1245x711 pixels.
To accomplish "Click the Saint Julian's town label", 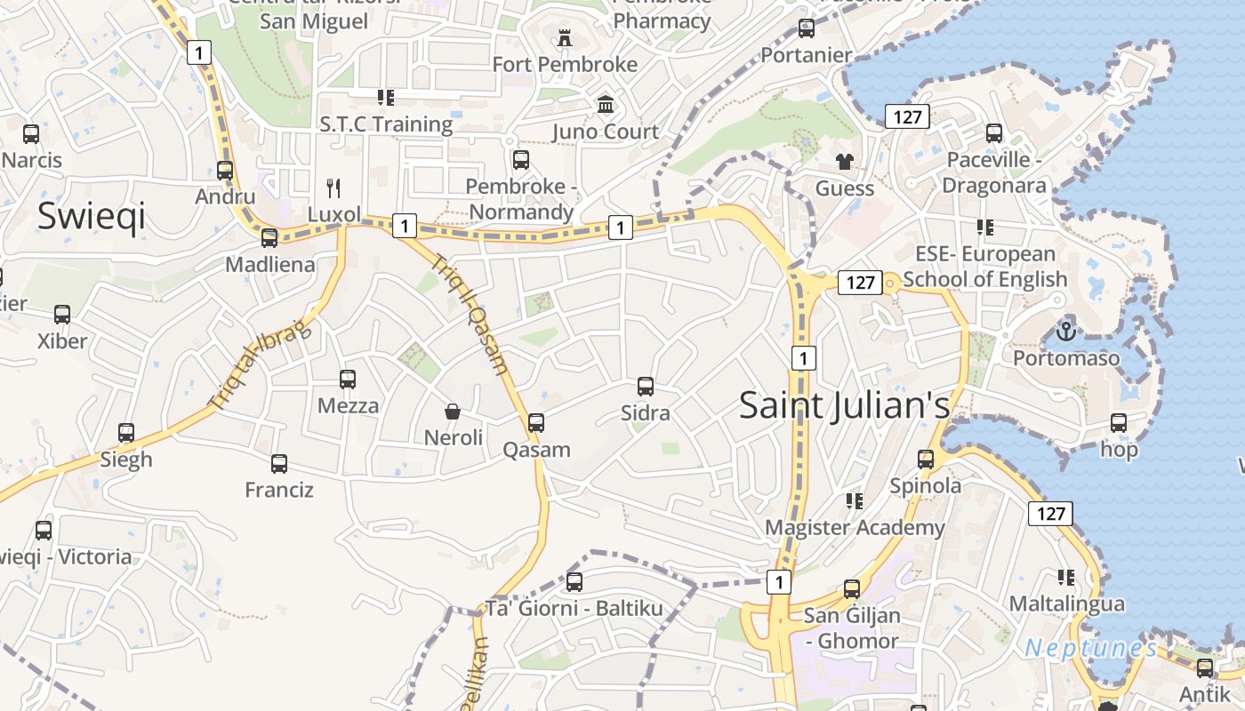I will (844, 405).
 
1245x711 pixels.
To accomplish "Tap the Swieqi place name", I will (91, 216).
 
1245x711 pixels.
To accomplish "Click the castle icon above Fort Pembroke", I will (564, 38).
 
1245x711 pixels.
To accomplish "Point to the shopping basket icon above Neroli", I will (453, 411).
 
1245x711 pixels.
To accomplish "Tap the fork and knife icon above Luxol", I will (333, 188).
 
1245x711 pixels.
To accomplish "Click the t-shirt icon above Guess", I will (844, 162).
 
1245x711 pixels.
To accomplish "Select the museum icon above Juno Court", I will (606, 105).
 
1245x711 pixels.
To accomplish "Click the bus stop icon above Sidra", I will (646, 387).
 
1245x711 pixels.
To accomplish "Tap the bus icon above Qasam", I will (536, 423).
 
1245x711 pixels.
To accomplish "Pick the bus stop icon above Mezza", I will (348, 379).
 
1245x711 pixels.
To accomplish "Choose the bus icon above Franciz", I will (279, 463).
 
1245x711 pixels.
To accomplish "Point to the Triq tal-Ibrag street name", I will (260, 364).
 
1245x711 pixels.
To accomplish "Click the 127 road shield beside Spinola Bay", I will (1050, 513).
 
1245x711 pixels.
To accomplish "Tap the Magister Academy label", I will (855, 528).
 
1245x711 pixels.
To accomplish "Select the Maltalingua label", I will (1066, 603).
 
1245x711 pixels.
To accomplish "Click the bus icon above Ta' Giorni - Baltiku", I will (574, 582).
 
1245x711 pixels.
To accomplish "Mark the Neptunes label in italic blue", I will (1090, 648).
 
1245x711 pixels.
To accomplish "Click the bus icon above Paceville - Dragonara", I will (994, 133).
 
